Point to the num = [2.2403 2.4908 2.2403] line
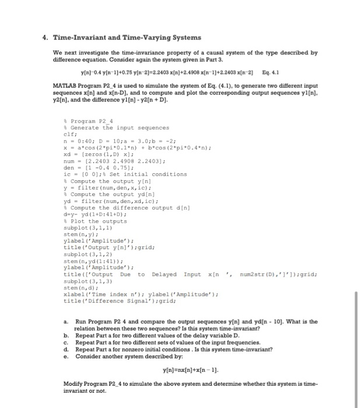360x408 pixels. coord(111,157)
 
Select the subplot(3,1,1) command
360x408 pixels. coord(85,226)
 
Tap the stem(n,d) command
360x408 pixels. coord(79,287)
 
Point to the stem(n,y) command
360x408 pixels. coord(79,233)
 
